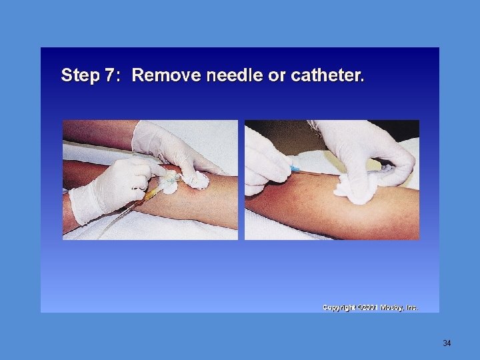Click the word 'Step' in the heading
point(81,75)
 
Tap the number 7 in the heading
point(109,75)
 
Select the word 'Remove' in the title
point(166,75)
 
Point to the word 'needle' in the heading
point(235,75)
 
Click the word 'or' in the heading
point(277,77)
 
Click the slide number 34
point(447,343)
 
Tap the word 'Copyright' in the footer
point(339,307)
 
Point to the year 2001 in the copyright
point(370,307)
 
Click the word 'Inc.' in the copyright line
point(412,307)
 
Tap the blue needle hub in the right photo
point(295,169)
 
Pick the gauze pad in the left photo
point(196,180)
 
